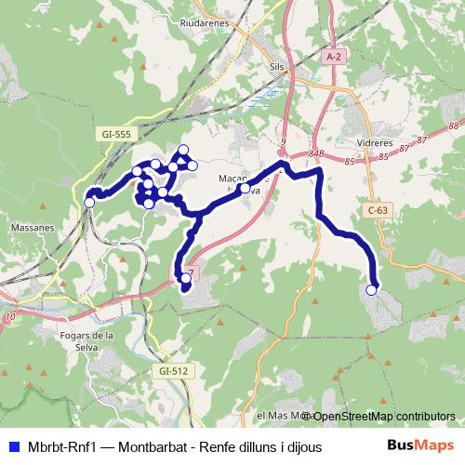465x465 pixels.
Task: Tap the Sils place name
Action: [275, 68]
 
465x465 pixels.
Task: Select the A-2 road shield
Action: [335, 58]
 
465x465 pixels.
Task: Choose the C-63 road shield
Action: [377, 211]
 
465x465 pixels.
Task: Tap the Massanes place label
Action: [33, 226]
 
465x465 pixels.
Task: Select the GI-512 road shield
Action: [174, 371]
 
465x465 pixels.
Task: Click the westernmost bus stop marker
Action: [90, 202]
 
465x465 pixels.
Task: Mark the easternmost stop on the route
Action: [372, 290]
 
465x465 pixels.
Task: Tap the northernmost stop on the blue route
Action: [183, 150]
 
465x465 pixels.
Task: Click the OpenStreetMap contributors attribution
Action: [383, 416]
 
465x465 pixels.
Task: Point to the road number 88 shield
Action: [453, 126]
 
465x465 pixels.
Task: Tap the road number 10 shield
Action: [10, 318]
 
